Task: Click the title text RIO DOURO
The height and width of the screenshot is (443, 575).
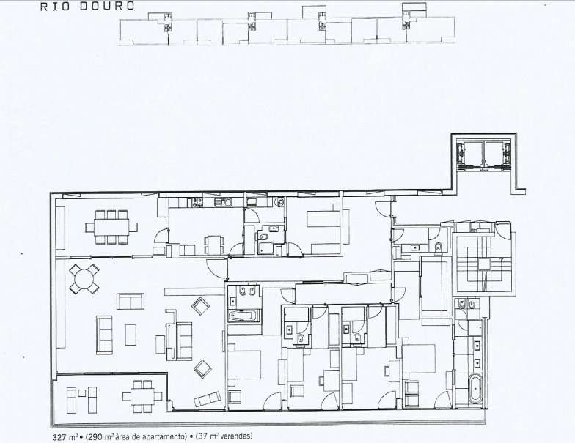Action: tap(87, 6)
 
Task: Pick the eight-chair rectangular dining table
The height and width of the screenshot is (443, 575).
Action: tap(111, 227)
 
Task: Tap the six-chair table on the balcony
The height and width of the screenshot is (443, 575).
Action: tap(142, 396)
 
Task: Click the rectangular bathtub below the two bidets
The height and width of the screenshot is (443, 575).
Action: tap(244, 316)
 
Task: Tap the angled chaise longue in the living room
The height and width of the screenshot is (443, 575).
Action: tap(207, 399)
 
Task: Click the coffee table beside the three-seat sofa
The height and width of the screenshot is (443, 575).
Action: tap(131, 333)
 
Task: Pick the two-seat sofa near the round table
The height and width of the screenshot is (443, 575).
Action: tap(131, 302)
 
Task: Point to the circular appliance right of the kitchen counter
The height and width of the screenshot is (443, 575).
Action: tap(280, 201)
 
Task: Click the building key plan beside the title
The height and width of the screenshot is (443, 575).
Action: tap(287, 25)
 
